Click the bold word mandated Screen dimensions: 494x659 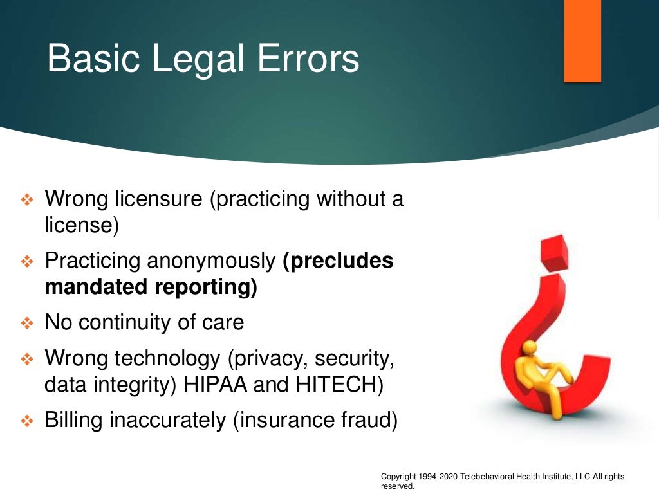pos(96,287)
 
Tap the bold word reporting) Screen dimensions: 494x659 pos(206,288)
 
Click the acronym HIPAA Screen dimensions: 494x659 pos(216,385)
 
